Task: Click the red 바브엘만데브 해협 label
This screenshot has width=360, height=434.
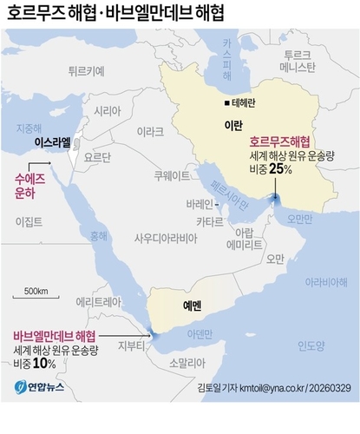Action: pos(54,335)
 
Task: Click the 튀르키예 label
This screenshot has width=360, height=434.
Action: pos(86,71)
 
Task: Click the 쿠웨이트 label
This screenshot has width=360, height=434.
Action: pos(172,174)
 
